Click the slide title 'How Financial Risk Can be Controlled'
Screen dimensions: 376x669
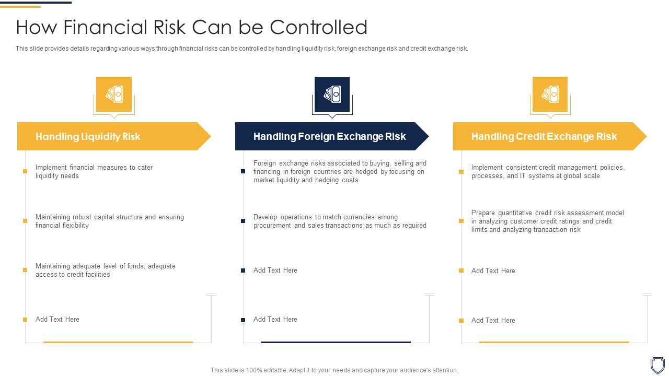(x=191, y=27)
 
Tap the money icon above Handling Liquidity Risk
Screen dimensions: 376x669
(x=114, y=95)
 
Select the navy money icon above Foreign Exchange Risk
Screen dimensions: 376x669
(x=332, y=95)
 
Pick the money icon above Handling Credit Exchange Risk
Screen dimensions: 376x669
(x=550, y=95)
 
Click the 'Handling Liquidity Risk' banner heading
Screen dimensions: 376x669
(x=88, y=137)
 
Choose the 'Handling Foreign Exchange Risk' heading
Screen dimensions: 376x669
(x=329, y=137)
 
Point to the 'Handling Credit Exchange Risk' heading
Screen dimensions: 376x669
(x=544, y=137)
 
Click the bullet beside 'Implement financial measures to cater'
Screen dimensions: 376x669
(x=25, y=171)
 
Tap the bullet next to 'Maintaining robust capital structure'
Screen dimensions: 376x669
(x=25, y=221)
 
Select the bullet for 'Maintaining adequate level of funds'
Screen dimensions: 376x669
(x=25, y=270)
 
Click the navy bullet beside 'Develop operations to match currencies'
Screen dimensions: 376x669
(x=243, y=221)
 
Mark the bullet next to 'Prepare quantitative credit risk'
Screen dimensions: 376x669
(x=461, y=221)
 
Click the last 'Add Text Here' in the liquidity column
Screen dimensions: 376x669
(x=57, y=320)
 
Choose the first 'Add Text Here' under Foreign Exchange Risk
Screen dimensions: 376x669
(x=275, y=271)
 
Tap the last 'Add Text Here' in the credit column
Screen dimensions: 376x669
(x=493, y=321)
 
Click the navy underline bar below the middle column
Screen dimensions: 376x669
(x=336, y=342)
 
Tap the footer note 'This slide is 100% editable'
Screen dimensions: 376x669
(x=334, y=370)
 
